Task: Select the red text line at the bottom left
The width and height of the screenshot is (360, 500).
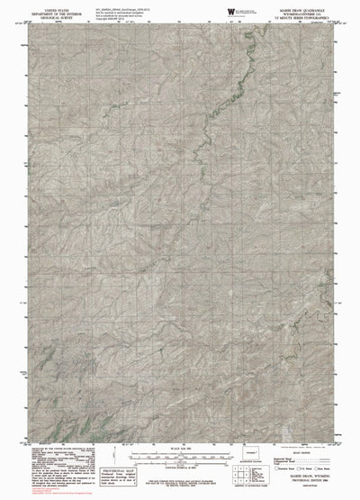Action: (45, 492)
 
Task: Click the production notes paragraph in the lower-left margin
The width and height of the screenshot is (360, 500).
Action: (58, 459)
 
